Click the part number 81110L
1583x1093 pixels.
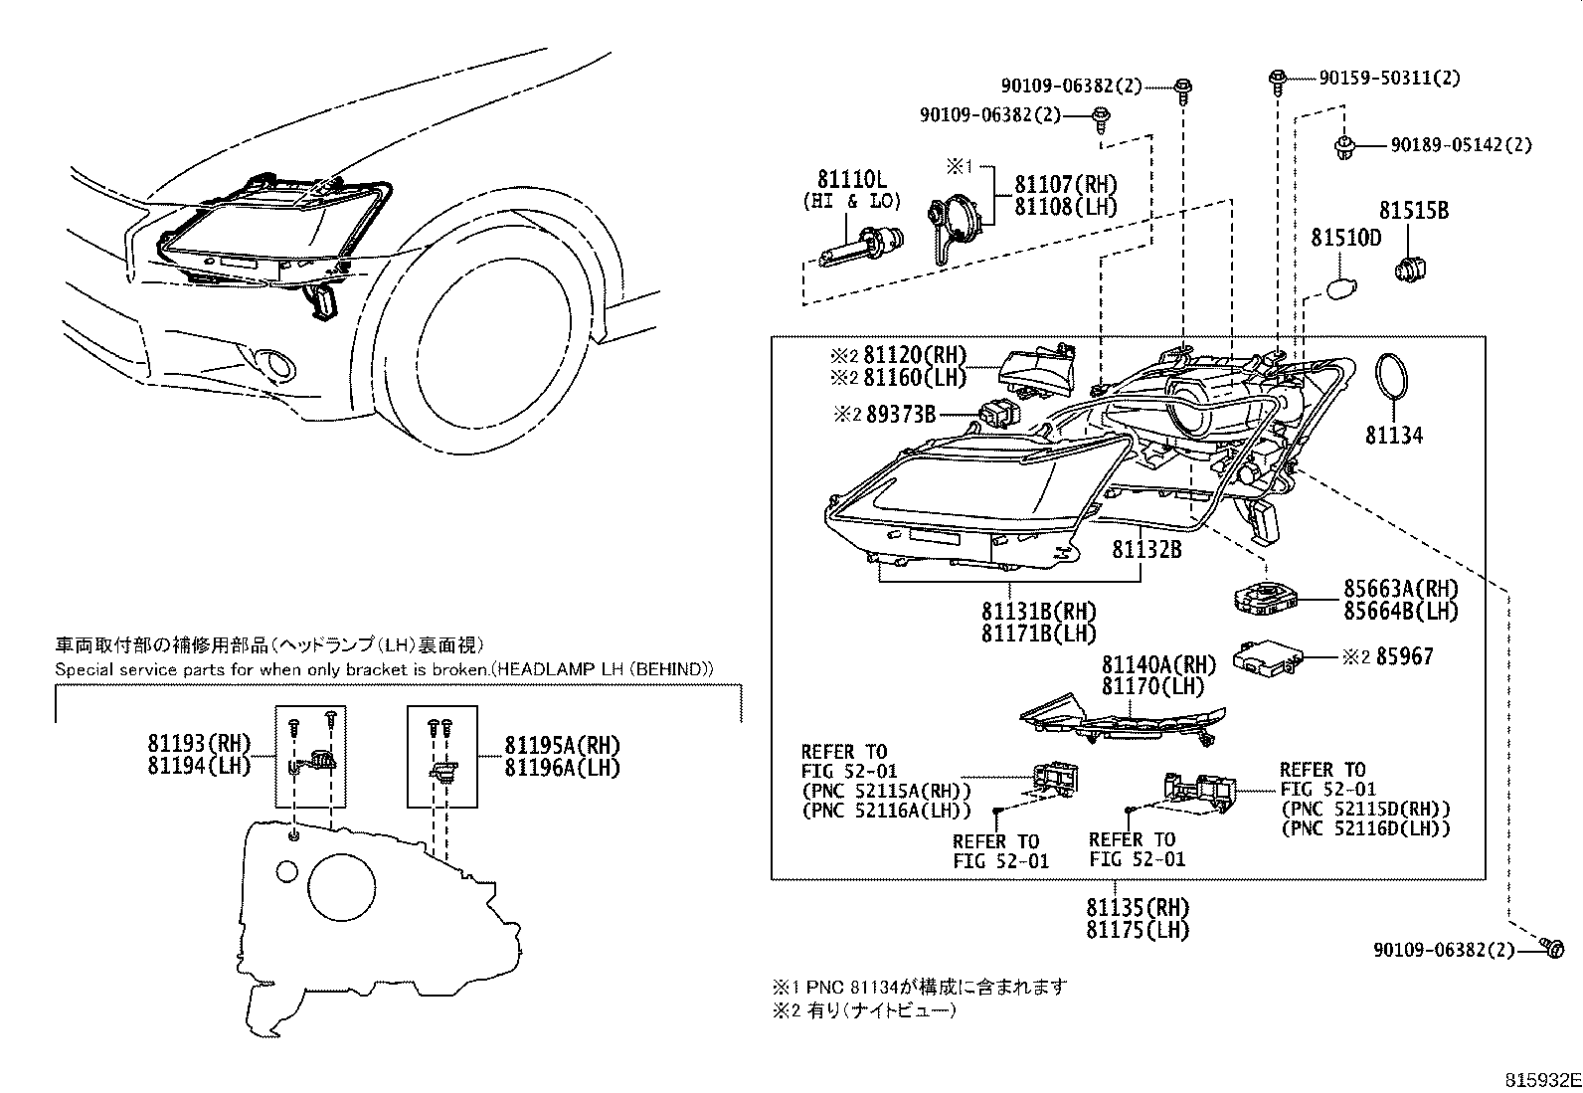pos(851,180)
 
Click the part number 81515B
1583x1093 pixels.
pos(1413,212)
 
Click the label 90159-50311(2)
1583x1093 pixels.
pos(1389,78)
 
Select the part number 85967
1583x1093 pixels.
pos(1405,657)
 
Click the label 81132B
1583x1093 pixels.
pos(1146,549)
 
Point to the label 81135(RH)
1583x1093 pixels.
pos(1138,908)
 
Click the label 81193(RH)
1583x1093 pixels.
pos(200,744)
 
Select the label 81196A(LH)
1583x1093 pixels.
pos(562,768)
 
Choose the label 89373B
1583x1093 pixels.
pos(900,415)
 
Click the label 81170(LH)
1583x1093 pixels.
pos(1152,686)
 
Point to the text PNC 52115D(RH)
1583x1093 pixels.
pos(1366,809)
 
